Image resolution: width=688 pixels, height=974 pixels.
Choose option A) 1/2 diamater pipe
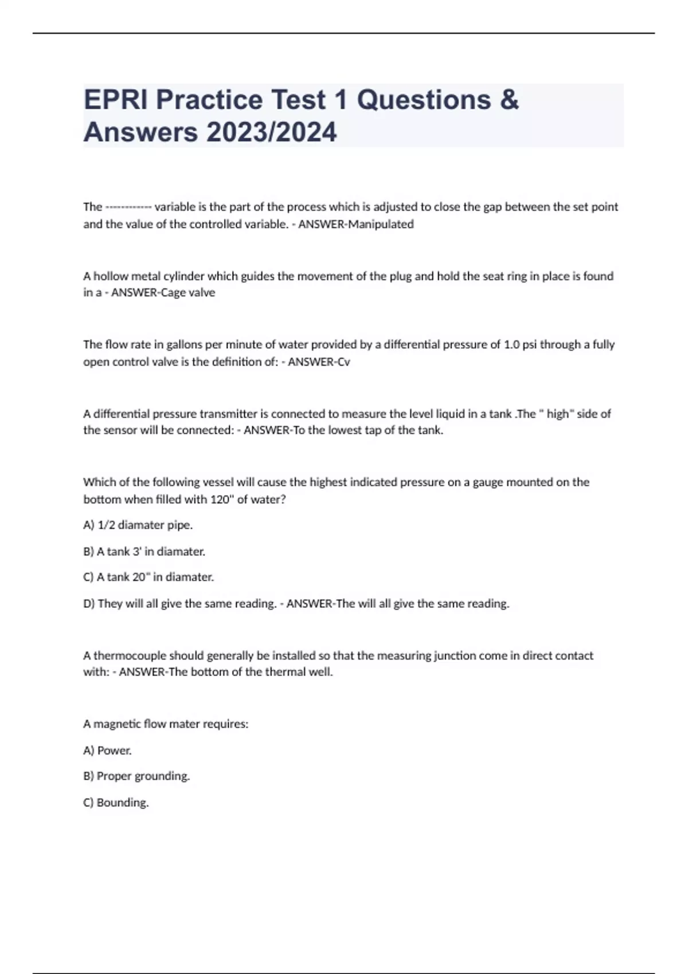click(x=138, y=525)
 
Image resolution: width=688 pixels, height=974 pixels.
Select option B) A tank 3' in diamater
click(x=144, y=551)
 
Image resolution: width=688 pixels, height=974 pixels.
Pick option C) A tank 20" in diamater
click(x=148, y=577)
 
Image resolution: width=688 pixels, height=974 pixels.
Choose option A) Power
click(x=107, y=750)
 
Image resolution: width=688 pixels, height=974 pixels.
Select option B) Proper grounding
click(x=136, y=776)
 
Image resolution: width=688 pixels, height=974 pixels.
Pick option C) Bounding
click(x=116, y=803)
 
